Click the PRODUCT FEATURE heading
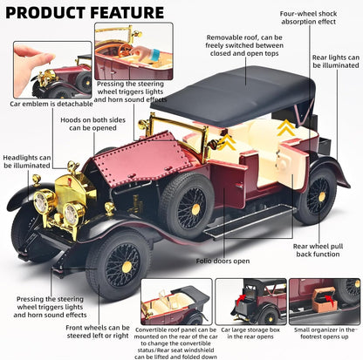coord(85,12)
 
